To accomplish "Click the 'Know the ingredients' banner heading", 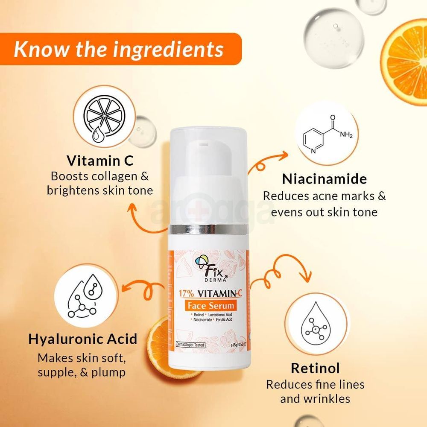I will click(119, 49).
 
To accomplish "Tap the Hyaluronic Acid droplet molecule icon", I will click(83, 295).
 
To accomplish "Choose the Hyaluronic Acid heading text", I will click(83, 339).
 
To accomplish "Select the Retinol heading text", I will click(315, 368).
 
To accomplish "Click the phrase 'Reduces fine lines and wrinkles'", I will click(315, 391).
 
